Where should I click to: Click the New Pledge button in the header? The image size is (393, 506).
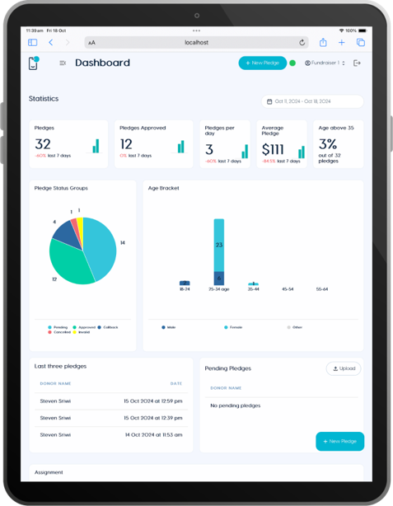pyautogui.click(x=263, y=63)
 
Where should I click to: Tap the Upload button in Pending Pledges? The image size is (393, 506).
pyautogui.click(x=344, y=368)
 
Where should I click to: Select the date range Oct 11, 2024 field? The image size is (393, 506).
pyautogui.click(x=312, y=101)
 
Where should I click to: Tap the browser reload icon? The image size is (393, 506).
pyautogui.click(x=302, y=42)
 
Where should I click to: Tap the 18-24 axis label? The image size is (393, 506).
pyautogui.click(x=185, y=289)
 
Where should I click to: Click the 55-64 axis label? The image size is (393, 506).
pyautogui.click(x=322, y=289)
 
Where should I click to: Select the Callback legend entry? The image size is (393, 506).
pyautogui.click(x=108, y=327)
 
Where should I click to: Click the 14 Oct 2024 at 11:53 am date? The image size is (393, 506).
pyautogui.click(x=152, y=434)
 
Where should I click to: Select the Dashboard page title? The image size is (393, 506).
pyautogui.click(x=102, y=63)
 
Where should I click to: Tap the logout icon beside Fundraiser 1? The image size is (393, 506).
pyautogui.click(x=357, y=63)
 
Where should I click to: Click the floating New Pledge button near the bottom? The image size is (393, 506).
pyautogui.click(x=339, y=441)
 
